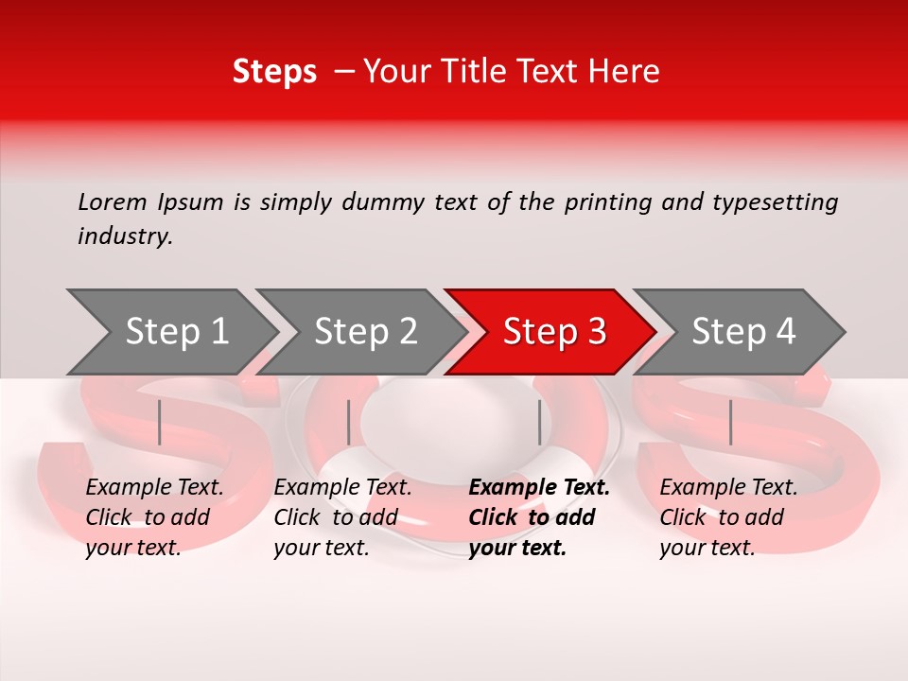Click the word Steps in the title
pyautogui.click(x=274, y=72)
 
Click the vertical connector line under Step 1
pyautogui.click(x=160, y=422)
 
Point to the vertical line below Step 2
pyautogui.click(x=349, y=422)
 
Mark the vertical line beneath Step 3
pyautogui.click(x=540, y=422)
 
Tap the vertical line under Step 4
pyautogui.click(x=731, y=422)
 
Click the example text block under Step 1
pyautogui.click(x=154, y=517)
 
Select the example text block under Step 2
pyautogui.click(x=342, y=517)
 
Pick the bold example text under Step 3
pyautogui.click(x=539, y=517)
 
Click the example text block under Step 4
pyautogui.click(x=728, y=517)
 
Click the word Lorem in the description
pyautogui.click(x=113, y=201)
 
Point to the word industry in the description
pyautogui.click(x=125, y=236)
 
